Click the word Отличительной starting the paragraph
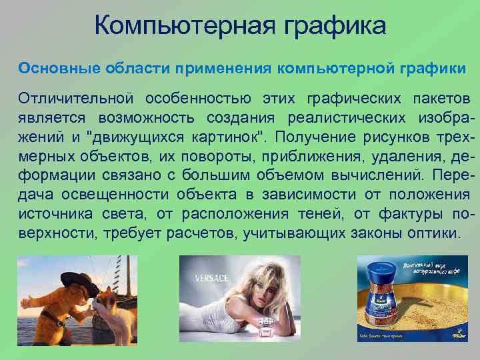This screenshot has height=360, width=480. tap(73, 99)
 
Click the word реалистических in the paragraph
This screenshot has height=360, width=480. tap(339, 118)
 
